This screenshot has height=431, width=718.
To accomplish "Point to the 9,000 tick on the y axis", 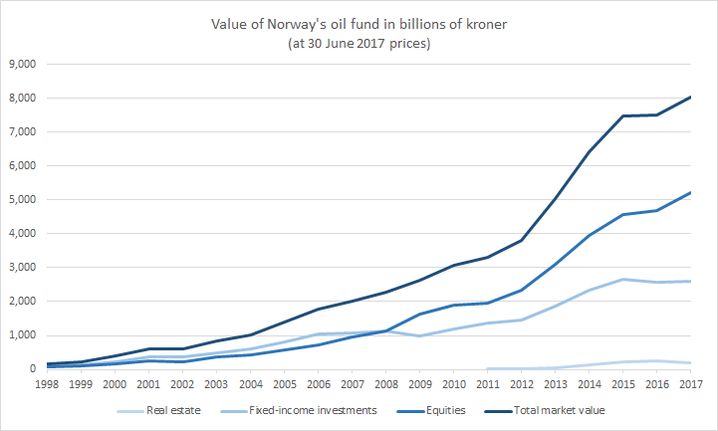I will pyautogui.click(x=21, y=64).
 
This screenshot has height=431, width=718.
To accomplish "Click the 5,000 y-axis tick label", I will pyautogui.click(x=21, y=199).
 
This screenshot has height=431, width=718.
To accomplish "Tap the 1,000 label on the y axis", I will pyautogui.click(x=21, y=335).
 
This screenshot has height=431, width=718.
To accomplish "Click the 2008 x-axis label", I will pyautogui.click(x=385, y=383).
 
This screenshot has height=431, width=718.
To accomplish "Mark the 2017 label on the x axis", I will pyautogui.click(x=689, y=383).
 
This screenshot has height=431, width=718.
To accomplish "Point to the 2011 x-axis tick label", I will pyautogui.click(x=487, y=383).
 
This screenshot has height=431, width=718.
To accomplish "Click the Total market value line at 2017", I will pyautogui.click(x=690, y=97).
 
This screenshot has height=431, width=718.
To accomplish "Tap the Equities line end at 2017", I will pyautogui.click(x=690, y=192).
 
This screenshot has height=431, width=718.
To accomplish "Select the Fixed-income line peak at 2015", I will pyautogui.click(x=622, y=279).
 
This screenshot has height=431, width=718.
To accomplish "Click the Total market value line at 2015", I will pyautogui.click(x=622, y=115).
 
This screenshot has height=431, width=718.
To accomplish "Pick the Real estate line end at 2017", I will pyautogui.click(x=690, y=363).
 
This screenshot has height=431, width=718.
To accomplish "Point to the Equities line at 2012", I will pyautogui.click(x=521, y=290).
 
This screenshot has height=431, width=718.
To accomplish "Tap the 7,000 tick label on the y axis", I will pyautogui.click(x=21, y=131).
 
